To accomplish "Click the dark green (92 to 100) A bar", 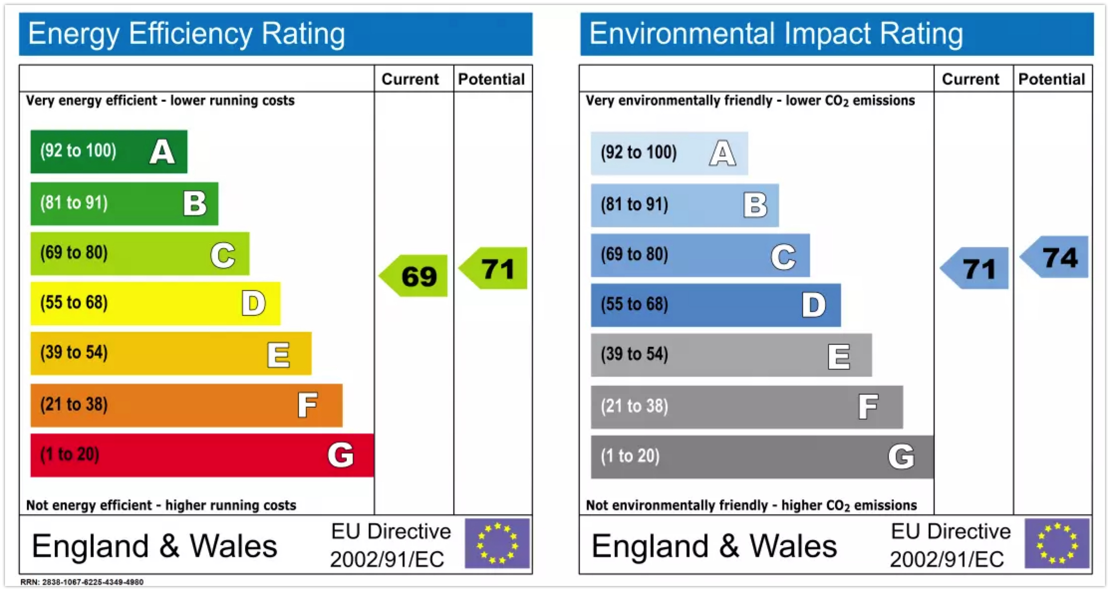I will [109, 152].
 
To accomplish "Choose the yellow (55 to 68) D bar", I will [155, 303].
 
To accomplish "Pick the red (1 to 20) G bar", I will [202, 455].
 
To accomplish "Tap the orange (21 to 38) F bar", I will [186, 405].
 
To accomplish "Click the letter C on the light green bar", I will [223, 255].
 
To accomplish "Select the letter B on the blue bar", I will [755, 205].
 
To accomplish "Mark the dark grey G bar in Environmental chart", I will [762, 456].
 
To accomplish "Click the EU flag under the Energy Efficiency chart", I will [497, 544].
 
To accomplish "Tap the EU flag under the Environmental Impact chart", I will [1057, 544].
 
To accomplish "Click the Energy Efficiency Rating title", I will [186, 34].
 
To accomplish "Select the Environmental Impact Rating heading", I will [776, 34].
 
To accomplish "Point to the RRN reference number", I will [82, 582].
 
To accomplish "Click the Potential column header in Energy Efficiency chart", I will [491, 79].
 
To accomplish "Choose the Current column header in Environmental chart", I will [971, 79].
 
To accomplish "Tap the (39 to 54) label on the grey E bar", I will [634, 354].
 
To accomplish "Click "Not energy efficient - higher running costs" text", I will [161, 505].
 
